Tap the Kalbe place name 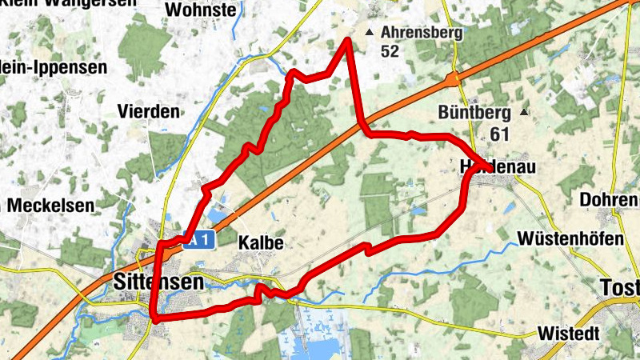coord(262,242)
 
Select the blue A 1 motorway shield coord(200,239)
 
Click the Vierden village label coord(148,111)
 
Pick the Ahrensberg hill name coord(422,33)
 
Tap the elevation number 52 coord(390,51)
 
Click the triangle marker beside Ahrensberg coord(369,33)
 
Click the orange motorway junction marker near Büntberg coord(454,79)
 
